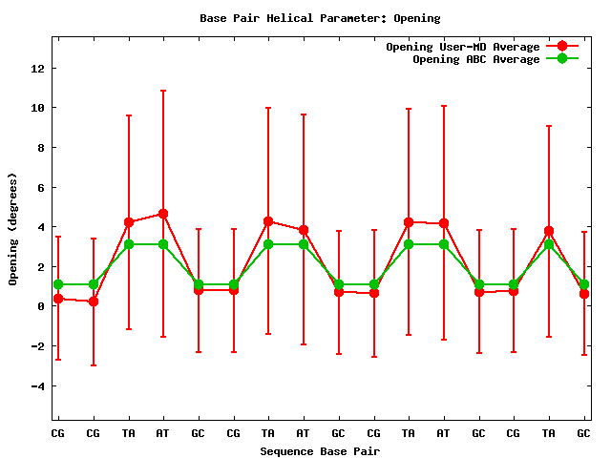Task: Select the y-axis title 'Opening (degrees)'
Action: [13, 229]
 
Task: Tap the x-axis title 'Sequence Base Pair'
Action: [320, 450]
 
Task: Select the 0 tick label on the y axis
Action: [40, 306]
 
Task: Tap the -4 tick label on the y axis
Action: [36, 385]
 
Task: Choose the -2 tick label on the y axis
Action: [36, 346]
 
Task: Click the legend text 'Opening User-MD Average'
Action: [462, 47]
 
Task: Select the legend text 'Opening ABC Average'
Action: [475, 59]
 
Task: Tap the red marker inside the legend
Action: [562, 47]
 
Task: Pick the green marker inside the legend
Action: [562, 59]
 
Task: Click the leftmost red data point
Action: [58, 299]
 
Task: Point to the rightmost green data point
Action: [583, 284]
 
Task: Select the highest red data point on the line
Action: [163, 214]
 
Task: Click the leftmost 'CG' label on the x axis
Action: [58, 433]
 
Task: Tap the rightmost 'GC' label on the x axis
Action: [583, 433]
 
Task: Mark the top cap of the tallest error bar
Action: [163, 91]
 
